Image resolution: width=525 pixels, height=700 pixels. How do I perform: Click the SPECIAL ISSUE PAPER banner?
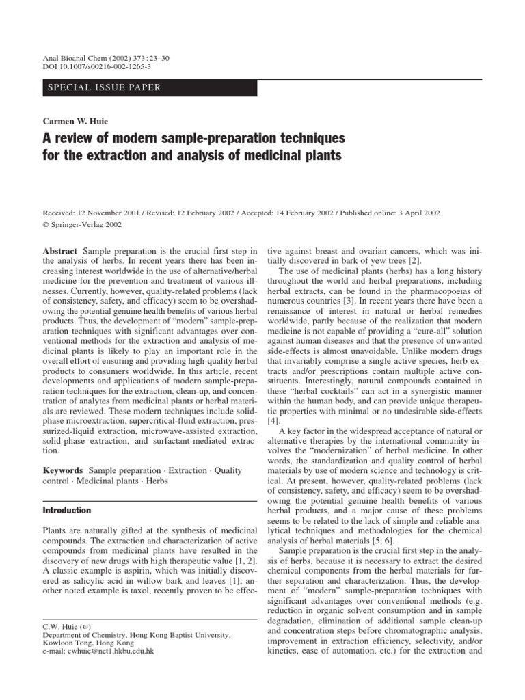coord(103,87)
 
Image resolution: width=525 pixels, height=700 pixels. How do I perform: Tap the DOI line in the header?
coord(96,68)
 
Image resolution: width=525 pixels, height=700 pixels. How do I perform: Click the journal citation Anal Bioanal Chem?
coord(76,59)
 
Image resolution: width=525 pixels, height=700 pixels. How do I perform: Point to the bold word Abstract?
coord(60,252)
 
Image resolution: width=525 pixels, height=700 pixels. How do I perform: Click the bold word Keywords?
coord(63,471)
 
